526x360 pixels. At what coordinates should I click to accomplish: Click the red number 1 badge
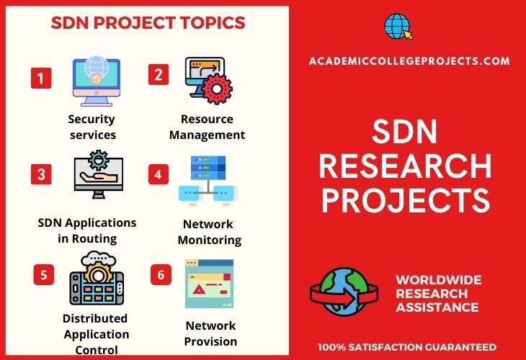click(x=41, y=78)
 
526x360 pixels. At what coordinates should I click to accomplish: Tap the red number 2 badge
click(x=159, y=74)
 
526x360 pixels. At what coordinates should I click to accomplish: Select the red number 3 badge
click(x=41, y=174)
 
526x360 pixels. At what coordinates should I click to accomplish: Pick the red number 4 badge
click(x=159, y=174)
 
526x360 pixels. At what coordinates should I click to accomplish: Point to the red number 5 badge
click(x=44, y=275)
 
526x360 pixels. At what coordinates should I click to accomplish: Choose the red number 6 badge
click(x=161, y=275)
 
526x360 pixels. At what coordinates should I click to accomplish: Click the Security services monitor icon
click(x=97, y=81)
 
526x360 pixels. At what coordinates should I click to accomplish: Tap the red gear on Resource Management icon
click(x=217, y=89)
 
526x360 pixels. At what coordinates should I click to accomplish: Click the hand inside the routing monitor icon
click(x=98, y=176)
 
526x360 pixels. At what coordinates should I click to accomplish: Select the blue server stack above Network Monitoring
click(x=208, y=168)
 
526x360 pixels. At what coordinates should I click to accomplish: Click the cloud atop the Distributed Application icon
click(x=98, y=258)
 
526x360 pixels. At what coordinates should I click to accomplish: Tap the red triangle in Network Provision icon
click(x=200, y=289)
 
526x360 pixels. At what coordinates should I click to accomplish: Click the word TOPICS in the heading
click(x=213, y=23)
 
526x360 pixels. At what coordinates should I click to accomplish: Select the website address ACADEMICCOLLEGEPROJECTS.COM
click(x=409, y=61)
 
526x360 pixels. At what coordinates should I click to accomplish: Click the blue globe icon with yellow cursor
click(x=398, y=27)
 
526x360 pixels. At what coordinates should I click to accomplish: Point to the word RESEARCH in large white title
click(x=405, y=166)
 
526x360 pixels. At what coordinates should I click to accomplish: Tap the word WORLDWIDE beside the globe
click(x=439, y=280)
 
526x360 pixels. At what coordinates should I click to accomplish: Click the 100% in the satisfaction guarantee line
click(x=331, y=347)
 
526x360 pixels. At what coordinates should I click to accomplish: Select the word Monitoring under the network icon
click(x=210, y=240)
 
